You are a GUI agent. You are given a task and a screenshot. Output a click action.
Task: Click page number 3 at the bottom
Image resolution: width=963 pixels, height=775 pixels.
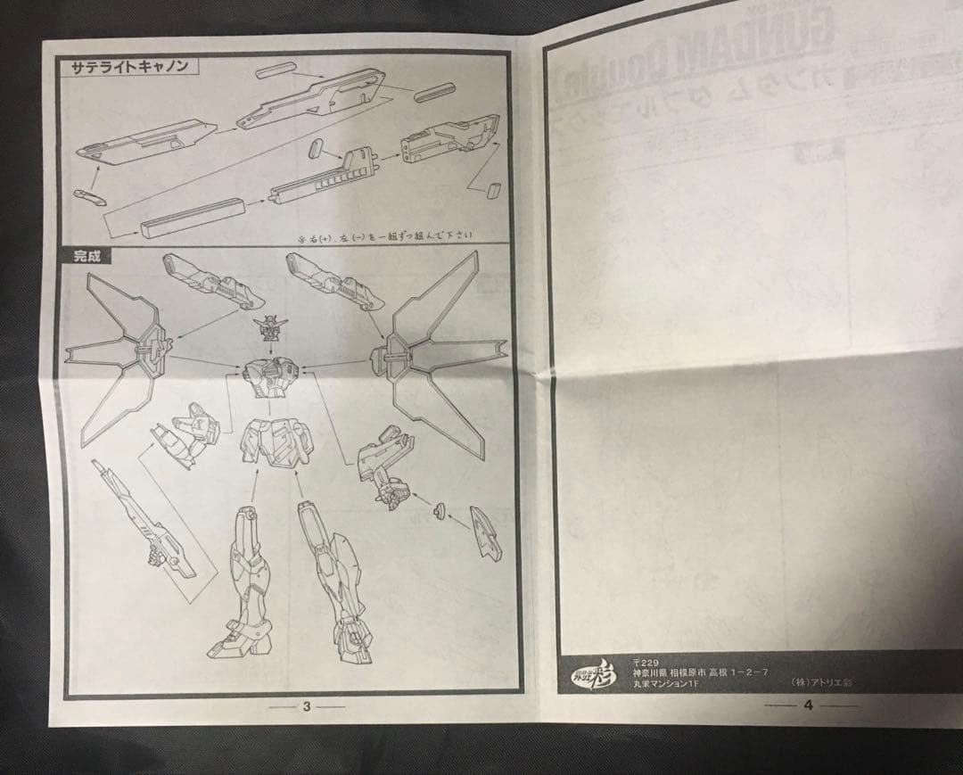coord(306,706)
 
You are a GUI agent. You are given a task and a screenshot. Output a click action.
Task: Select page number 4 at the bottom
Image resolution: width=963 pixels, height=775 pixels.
coord(808,705)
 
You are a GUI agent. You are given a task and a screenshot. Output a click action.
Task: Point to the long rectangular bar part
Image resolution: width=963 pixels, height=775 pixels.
coord(192,218)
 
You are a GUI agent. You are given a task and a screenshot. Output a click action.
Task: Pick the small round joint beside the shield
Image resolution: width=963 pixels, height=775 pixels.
coord(439,510)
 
